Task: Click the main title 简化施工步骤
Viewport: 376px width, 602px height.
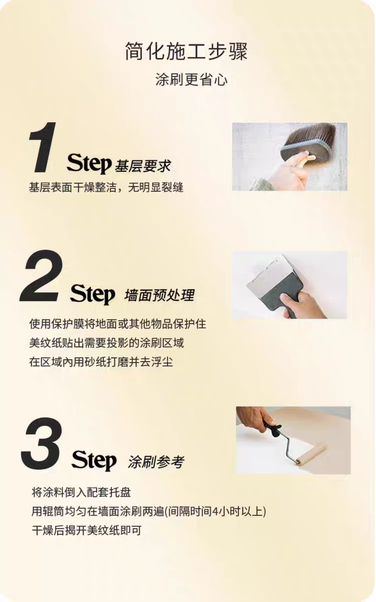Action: (x=186, y=51)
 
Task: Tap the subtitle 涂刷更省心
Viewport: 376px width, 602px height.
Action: (x=191, y=80)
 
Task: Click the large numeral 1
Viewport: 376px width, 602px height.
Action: (x=43, y=147)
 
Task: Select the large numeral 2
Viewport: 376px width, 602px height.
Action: (x=42, y=275)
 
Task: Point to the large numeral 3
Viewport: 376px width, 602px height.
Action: (x=42, y=443)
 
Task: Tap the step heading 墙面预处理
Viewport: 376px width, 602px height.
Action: (x=159, y=295)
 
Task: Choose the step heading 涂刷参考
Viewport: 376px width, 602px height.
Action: (x=156, y=462)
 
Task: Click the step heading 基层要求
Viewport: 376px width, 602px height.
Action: (x=143, y=166)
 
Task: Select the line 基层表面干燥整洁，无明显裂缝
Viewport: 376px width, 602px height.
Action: (x=106, y=187)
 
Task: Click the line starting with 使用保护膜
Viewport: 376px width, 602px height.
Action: (x=118, y=324)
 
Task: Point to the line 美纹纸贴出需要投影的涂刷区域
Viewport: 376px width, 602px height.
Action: (x=106, y=343)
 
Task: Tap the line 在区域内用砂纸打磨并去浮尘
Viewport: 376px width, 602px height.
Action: (x=101, y=362)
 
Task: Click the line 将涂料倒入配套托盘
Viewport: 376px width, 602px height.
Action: (x=81, y=492)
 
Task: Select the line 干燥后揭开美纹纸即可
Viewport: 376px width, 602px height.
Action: (x=86, y=530)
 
